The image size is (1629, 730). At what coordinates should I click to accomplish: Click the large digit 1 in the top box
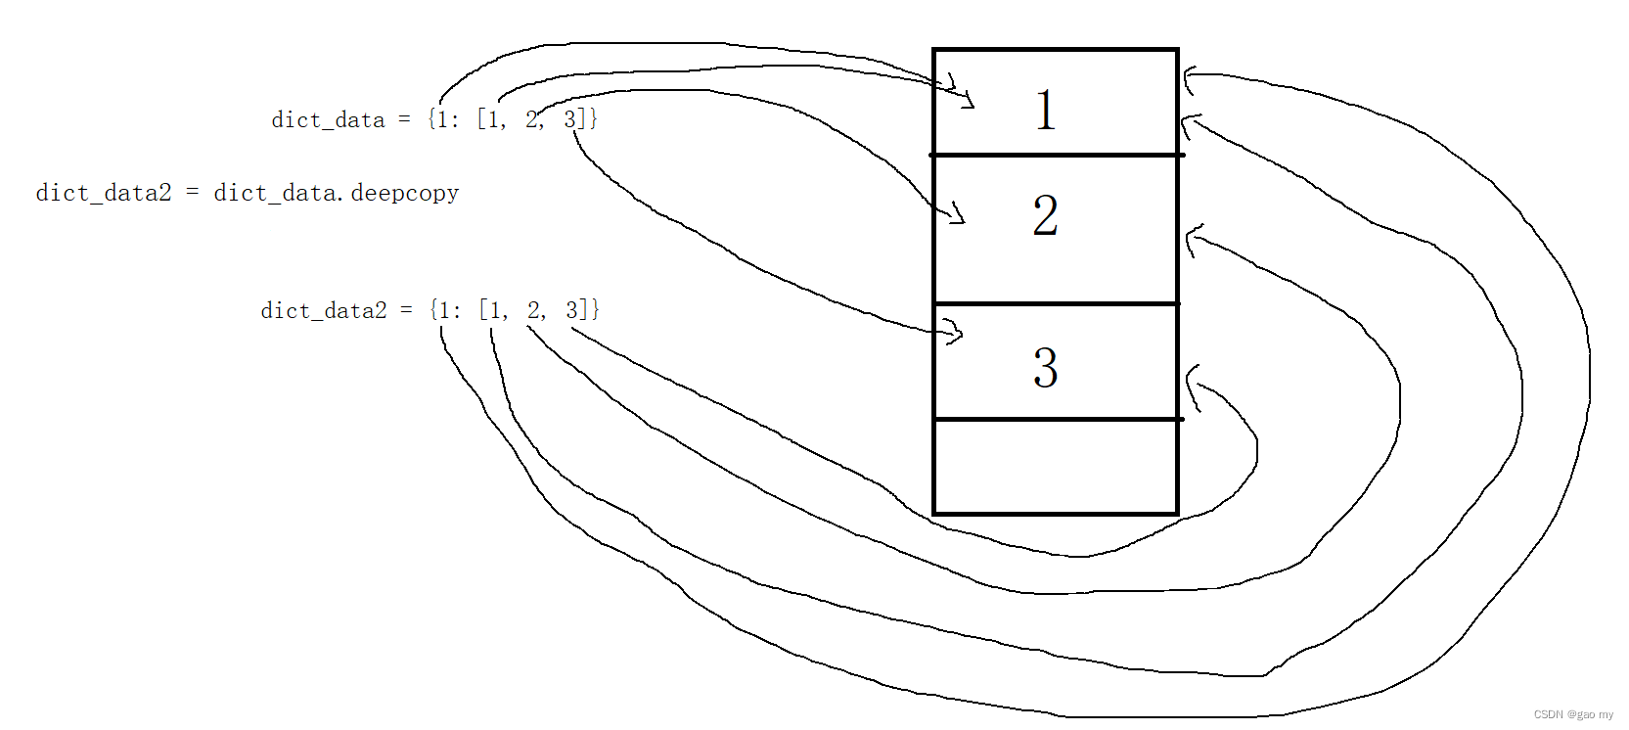click(1045, 109)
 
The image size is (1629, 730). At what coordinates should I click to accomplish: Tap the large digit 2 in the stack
click(1045, 215)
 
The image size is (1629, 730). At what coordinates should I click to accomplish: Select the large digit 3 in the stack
click(1045, 368)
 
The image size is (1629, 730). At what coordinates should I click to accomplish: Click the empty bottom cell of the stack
click(1055, 467)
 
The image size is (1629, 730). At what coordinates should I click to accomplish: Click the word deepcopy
click(404, 193)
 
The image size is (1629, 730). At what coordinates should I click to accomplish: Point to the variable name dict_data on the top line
click(328, 120)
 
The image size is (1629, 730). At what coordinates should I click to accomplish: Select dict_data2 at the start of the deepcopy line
click(103, 193)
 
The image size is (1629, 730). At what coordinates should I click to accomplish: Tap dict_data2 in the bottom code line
click(323, 311)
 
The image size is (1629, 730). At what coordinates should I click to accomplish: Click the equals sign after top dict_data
click(404, 120)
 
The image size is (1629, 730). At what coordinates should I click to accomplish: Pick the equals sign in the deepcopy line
click(193, 193)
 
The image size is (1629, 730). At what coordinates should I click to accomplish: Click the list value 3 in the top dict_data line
click(569, 119)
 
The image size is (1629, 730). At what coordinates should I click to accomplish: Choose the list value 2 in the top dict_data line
click(531, 119)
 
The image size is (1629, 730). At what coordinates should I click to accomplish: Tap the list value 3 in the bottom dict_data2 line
click(571, 310)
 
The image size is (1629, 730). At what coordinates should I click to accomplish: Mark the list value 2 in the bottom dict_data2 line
click(533, 310)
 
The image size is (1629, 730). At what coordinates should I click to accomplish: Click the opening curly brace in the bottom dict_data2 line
click(433, 310)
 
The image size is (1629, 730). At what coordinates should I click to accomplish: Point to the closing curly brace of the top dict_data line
click(594, 119)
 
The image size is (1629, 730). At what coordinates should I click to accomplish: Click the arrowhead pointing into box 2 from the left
click(956, 213)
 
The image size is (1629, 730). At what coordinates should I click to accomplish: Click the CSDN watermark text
click(1573, 715)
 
